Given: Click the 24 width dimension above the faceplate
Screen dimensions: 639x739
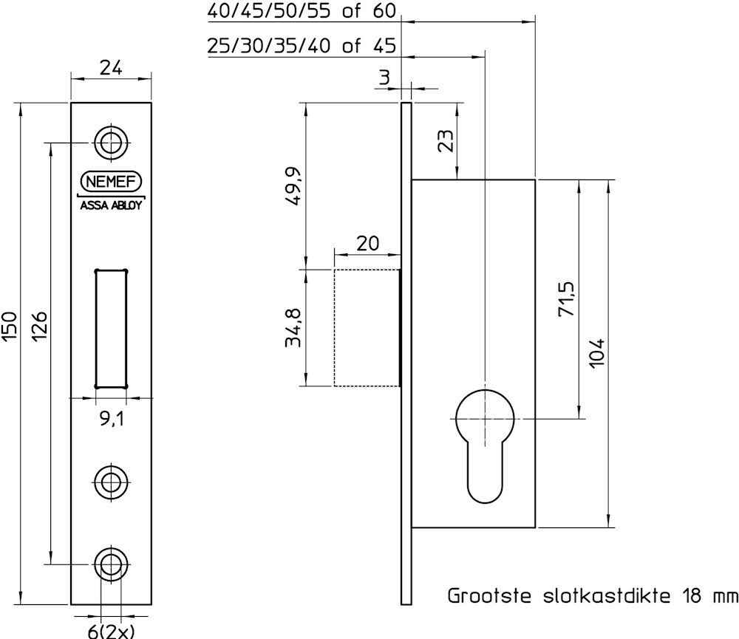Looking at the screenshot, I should click(111, 68).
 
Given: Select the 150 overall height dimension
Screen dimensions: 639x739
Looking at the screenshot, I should click(9, 326).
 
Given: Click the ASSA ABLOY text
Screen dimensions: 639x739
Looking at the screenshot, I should click(111, 206).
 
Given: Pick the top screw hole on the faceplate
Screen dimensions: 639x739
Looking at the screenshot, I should click(111, 141).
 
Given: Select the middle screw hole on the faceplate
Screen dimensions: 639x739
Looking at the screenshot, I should click(111, 482).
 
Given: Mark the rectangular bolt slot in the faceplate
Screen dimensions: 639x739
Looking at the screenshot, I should click(111, 328).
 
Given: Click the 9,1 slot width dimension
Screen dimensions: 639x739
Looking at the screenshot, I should click(111, 420).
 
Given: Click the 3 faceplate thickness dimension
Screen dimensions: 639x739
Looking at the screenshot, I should click(384, 78).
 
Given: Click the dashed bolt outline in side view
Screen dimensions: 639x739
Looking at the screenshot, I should click(367, 328).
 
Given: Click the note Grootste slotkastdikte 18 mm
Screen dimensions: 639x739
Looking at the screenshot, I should click(592, 596).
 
